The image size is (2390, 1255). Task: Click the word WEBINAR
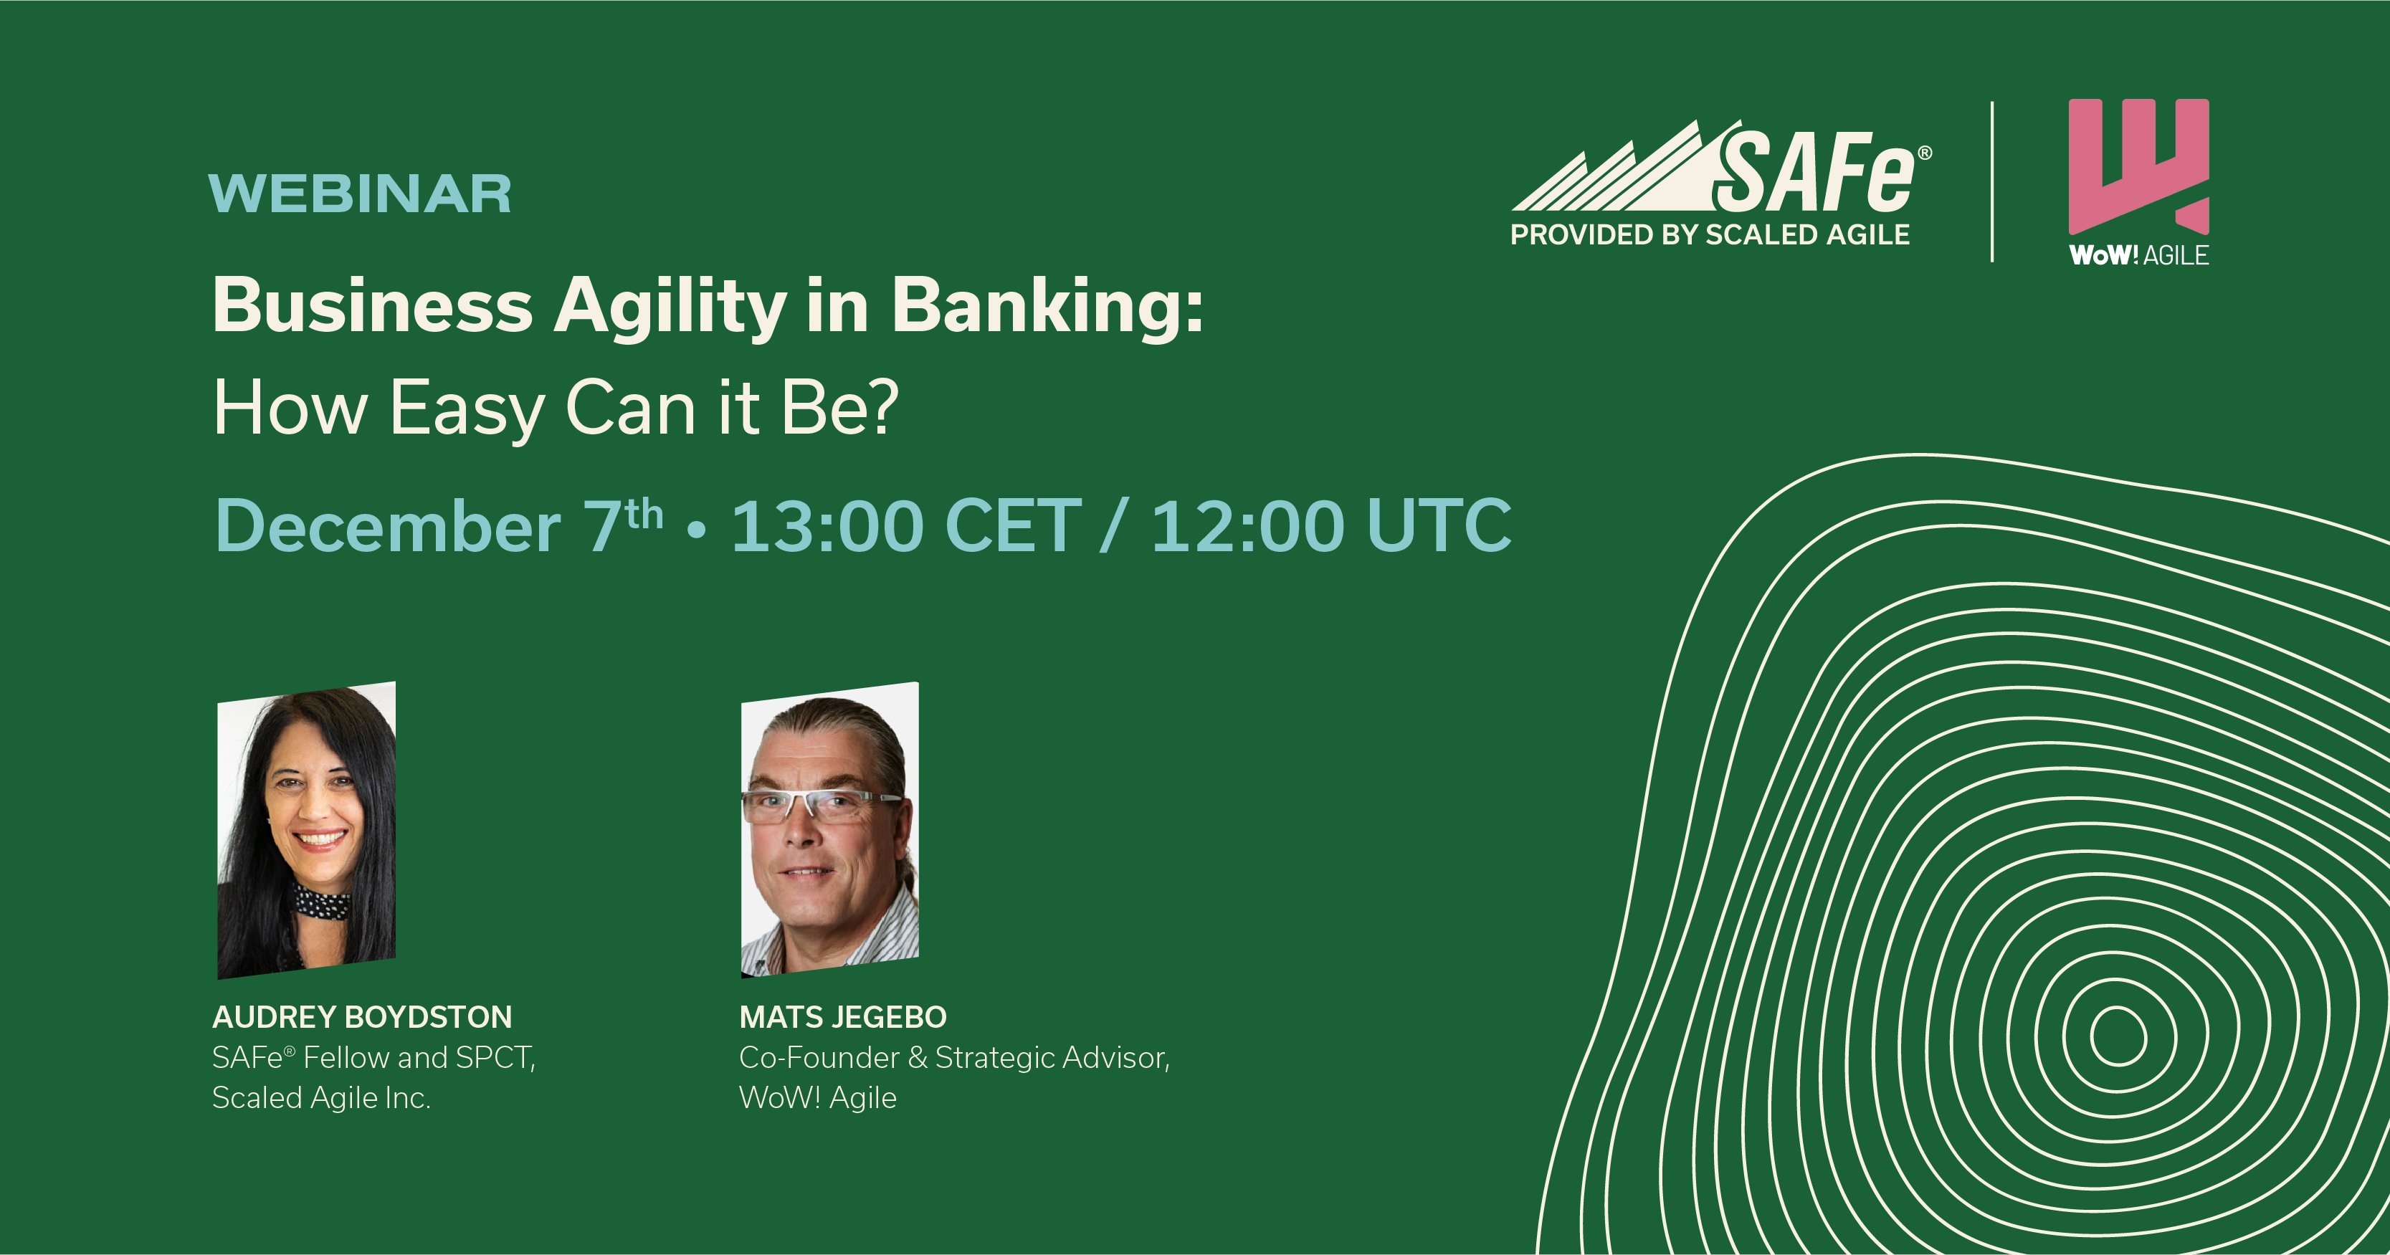click(361, 194)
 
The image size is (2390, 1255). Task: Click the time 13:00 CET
click(906, 526)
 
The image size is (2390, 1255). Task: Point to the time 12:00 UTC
click(1331, 526)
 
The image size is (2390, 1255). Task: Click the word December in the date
click(388, 526)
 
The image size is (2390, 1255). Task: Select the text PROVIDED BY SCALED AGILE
click(1710, 234)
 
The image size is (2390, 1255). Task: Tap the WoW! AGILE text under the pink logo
click(2138, 255)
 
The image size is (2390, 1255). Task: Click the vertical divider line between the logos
click(1992, 182)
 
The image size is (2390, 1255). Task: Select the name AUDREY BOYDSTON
click(362, 1018)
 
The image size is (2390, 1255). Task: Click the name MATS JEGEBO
click(842, 1018)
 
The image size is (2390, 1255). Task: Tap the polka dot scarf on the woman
click(321, 898)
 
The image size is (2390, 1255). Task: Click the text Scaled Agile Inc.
click(321, 1098)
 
